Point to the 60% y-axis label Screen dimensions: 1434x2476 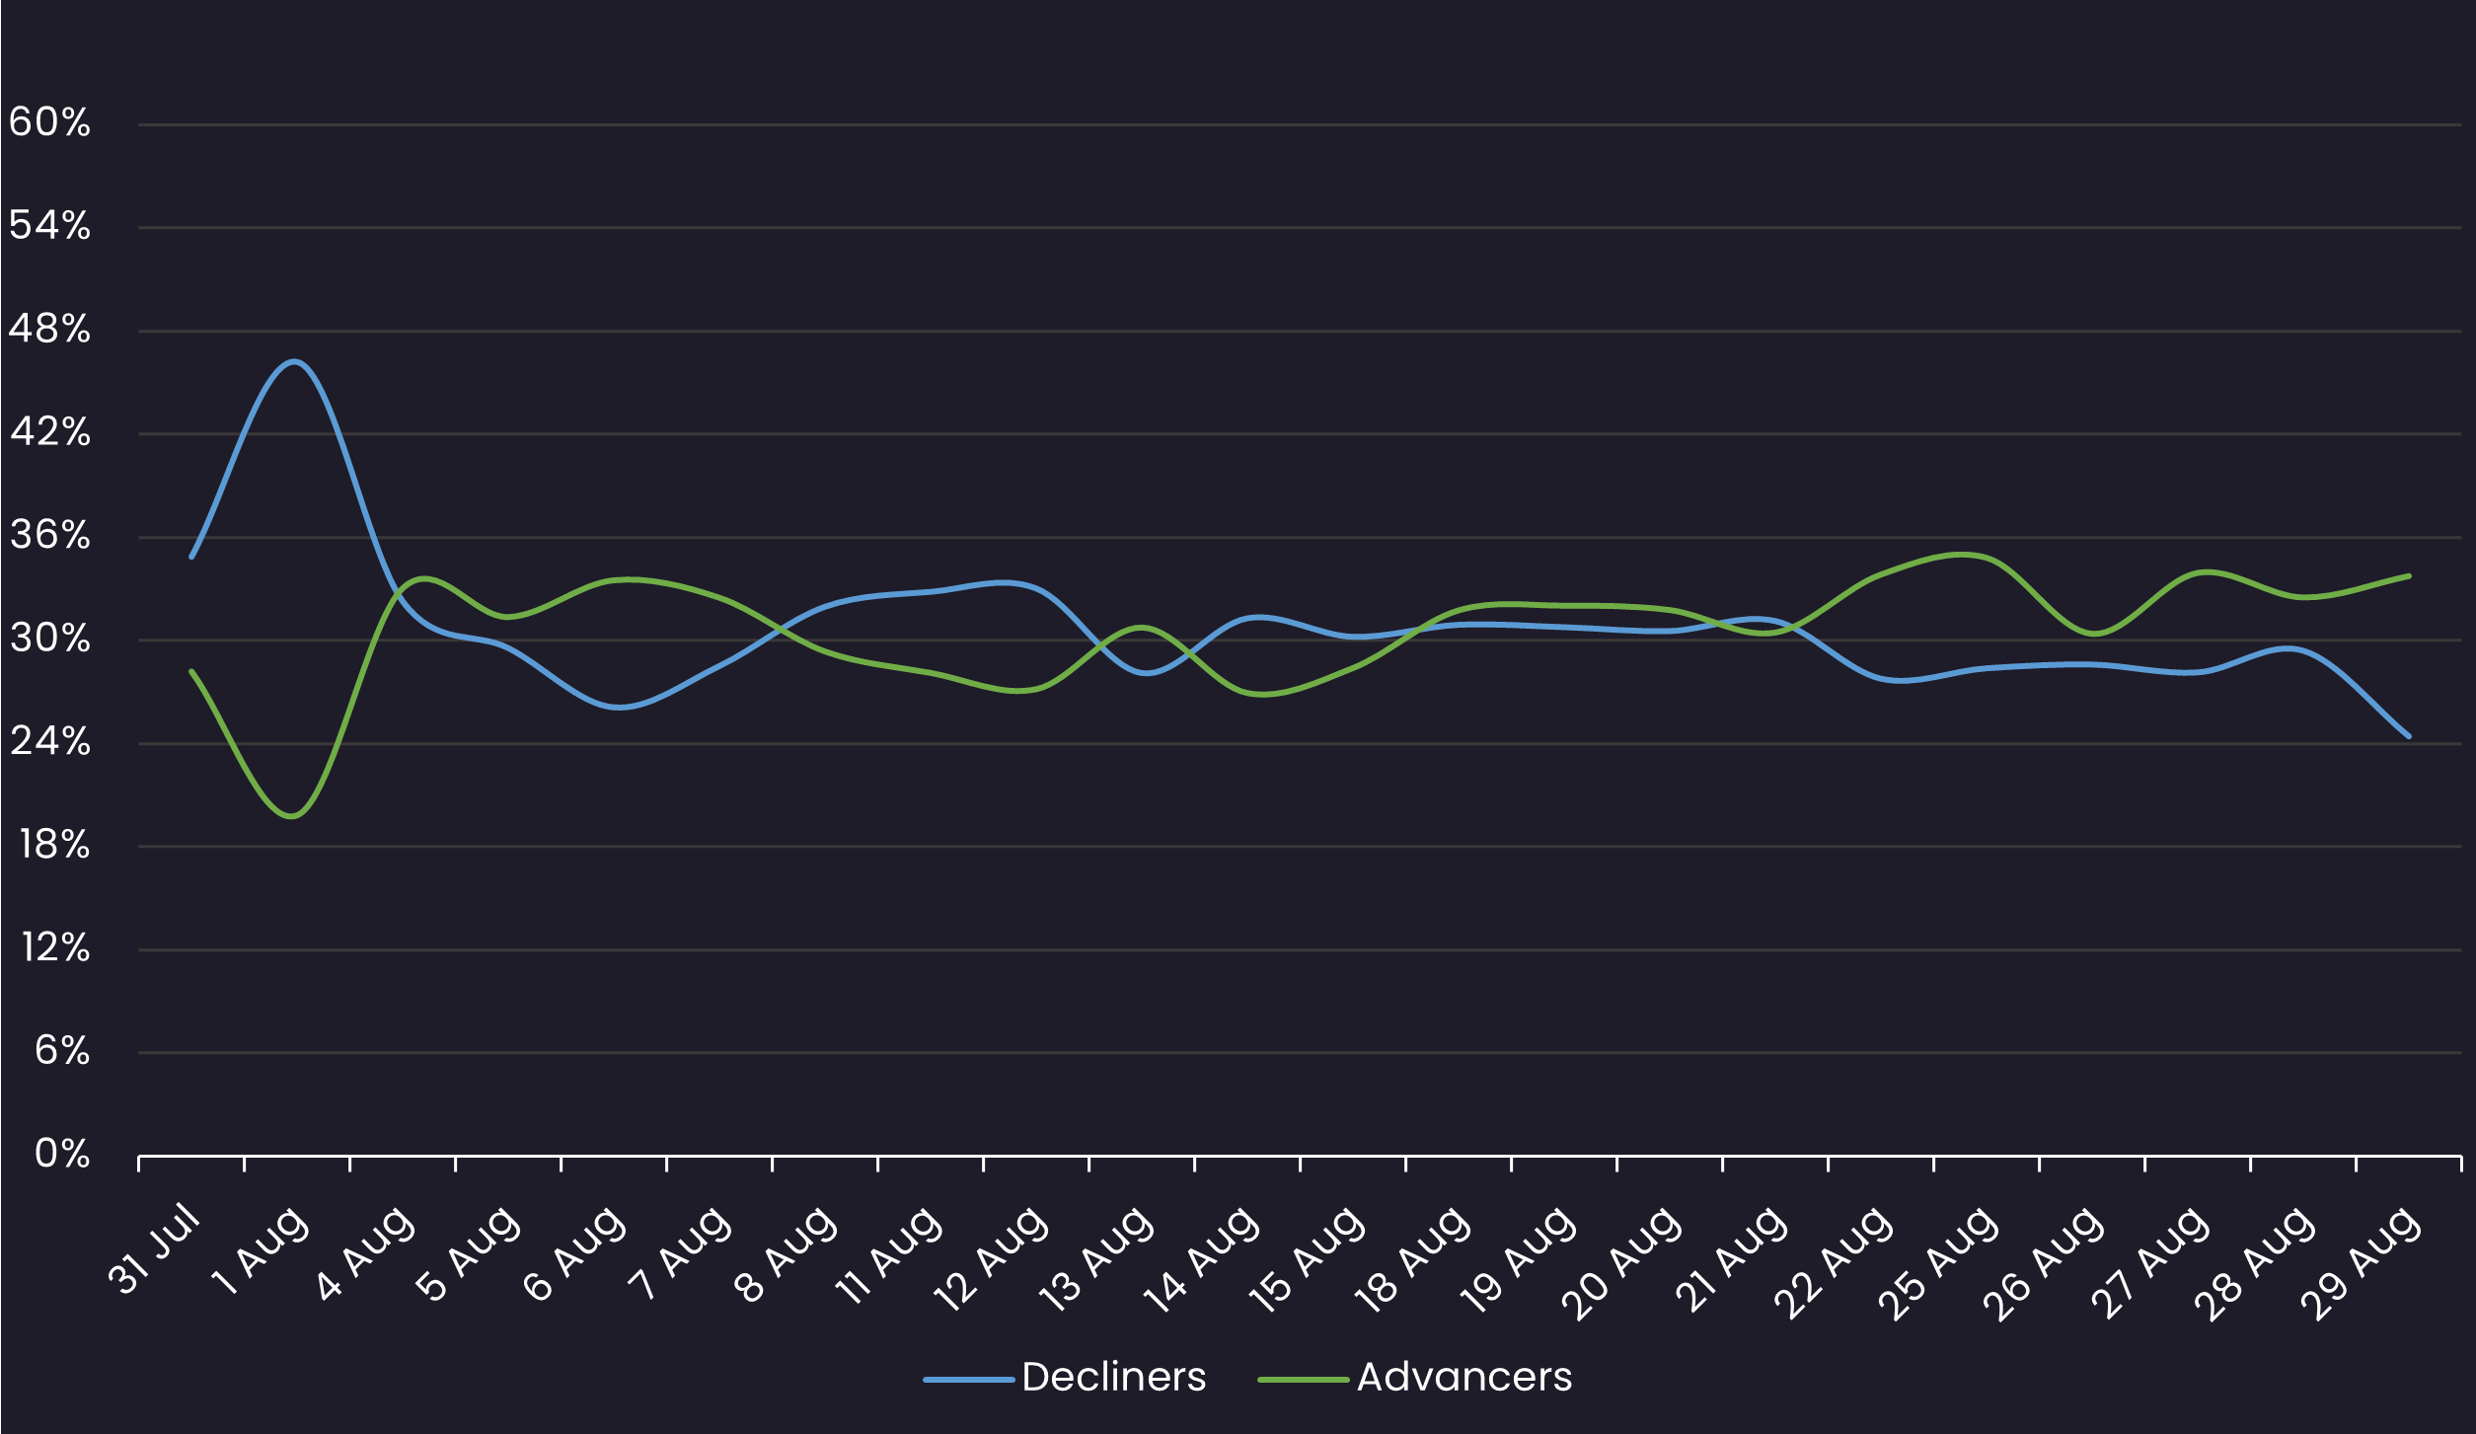pos(49,123)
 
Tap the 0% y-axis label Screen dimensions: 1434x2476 pos(61,1154)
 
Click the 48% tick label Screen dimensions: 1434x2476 pos(49,330)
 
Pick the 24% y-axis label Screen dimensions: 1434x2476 pos(49,742)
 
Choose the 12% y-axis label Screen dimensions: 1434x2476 pos(55,948)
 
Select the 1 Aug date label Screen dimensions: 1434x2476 pos(260,1252)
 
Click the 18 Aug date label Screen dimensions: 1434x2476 pos(1413,1260)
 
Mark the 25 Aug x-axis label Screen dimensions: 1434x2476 pos(1939,1262)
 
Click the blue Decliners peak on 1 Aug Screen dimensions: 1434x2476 pos(294,361)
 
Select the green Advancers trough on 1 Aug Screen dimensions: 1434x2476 pos(292,816)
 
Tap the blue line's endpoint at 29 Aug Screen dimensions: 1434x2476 pos(2409,736)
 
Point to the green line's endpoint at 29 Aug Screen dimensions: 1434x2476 pos(2409,575)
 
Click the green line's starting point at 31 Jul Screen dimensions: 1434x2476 pos(191,671)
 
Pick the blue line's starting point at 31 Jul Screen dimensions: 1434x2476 pos(191,557)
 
